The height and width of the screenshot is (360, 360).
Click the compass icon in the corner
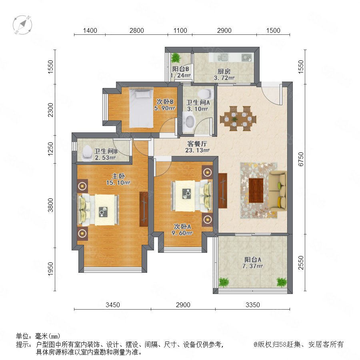[22, 25]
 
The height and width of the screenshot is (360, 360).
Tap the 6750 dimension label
[300, 159]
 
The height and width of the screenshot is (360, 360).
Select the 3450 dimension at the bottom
[113, 305]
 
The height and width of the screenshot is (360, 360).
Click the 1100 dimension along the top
[180, 30]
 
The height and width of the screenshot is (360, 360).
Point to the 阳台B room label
[181, 69]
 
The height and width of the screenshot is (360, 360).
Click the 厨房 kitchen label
[224, 72]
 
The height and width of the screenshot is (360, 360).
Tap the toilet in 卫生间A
[204, 94]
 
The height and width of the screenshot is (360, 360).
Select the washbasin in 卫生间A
[189, 122]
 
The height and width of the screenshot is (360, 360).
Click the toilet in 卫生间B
[87, 153]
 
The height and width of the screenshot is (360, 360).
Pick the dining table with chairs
[238, 118]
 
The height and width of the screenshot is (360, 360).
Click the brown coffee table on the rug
[256, 190]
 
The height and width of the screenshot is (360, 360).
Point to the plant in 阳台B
[176, 58]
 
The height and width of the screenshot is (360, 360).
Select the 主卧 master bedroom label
[118, 176]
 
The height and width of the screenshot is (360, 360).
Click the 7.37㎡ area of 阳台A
[252, 266]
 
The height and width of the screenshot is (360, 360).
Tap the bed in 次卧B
[141, 108]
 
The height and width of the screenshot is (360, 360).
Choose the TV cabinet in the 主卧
[144, 209]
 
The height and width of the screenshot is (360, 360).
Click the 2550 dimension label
[300, 263]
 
